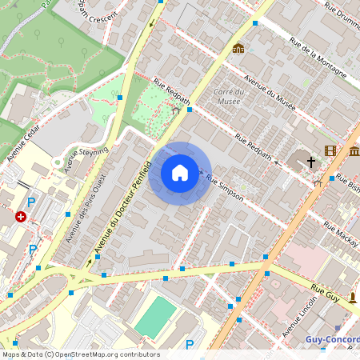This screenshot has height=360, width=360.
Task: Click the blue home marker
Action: pyautogui.click(x=180, y=173)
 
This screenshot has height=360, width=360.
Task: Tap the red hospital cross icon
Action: pyautogui.click(x=21, y=216)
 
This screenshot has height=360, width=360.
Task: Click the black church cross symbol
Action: pyautogui.click(x=311, y=162)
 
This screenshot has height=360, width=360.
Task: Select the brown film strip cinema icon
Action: pyautogui.click(x=330, y=150)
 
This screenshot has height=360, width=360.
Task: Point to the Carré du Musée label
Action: pyautogui.click(x=229, y=97)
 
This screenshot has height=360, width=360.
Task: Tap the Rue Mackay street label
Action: pyautogui.click(x=339, y=231)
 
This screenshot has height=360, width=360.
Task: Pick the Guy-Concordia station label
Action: pyautogui.click(x=332, y=339)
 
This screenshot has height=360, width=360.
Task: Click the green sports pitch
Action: pyautogui.click(x=154, y=316)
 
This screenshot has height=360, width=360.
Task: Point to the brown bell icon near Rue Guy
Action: pyautogui.click(x=351, y=298)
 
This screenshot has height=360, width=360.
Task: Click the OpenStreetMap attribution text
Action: pyautogui.click(x=80, y=354)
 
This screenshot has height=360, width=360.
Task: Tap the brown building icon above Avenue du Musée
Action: pyautogui.click(x=238, y=48)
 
